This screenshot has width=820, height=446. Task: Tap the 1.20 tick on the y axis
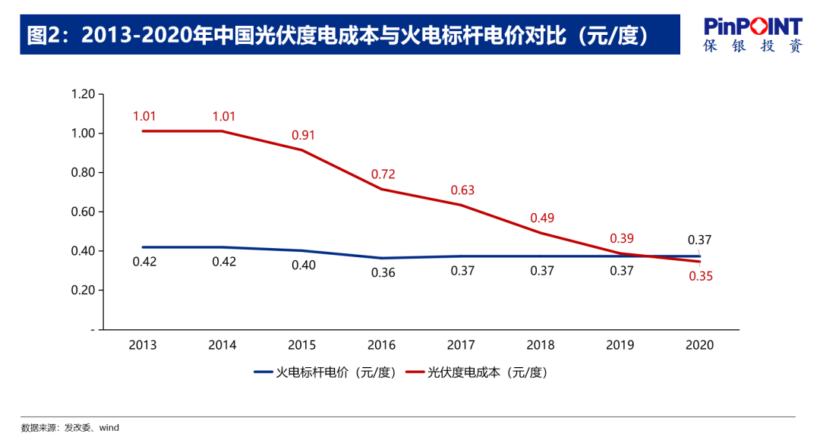82,94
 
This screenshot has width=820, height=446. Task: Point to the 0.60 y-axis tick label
82,212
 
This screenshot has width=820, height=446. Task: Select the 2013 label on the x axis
143,345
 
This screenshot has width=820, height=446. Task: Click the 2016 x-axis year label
381,345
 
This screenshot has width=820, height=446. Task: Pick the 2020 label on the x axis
699,345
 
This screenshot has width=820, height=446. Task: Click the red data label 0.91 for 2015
303,135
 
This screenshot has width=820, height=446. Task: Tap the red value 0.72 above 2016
383,174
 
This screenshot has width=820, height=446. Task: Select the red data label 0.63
462,190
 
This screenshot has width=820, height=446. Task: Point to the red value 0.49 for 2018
542,218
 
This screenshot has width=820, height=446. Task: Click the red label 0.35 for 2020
701,276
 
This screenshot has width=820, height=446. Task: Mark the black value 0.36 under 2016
383,272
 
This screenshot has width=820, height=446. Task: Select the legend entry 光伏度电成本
485,372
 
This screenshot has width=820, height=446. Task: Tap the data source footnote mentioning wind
70,428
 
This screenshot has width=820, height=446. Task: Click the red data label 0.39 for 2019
622,238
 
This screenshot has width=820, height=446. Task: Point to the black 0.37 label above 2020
699,240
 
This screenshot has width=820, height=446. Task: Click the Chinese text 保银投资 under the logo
752,46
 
